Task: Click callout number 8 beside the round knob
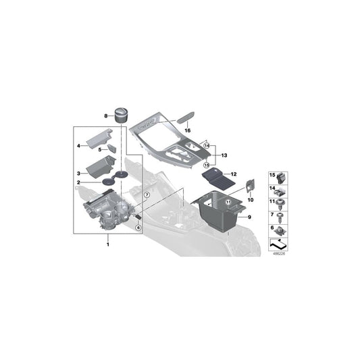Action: coord(106,116)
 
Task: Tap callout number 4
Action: coord(78,145)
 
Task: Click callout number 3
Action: coord(78,174)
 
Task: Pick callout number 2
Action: coord(78,182)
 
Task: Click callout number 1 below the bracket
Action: coord(106,244)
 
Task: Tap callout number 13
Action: coord(224,154)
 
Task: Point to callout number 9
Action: coord(249,217)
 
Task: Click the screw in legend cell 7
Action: coord(280,216)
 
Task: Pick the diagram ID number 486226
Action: coord(278,255)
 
